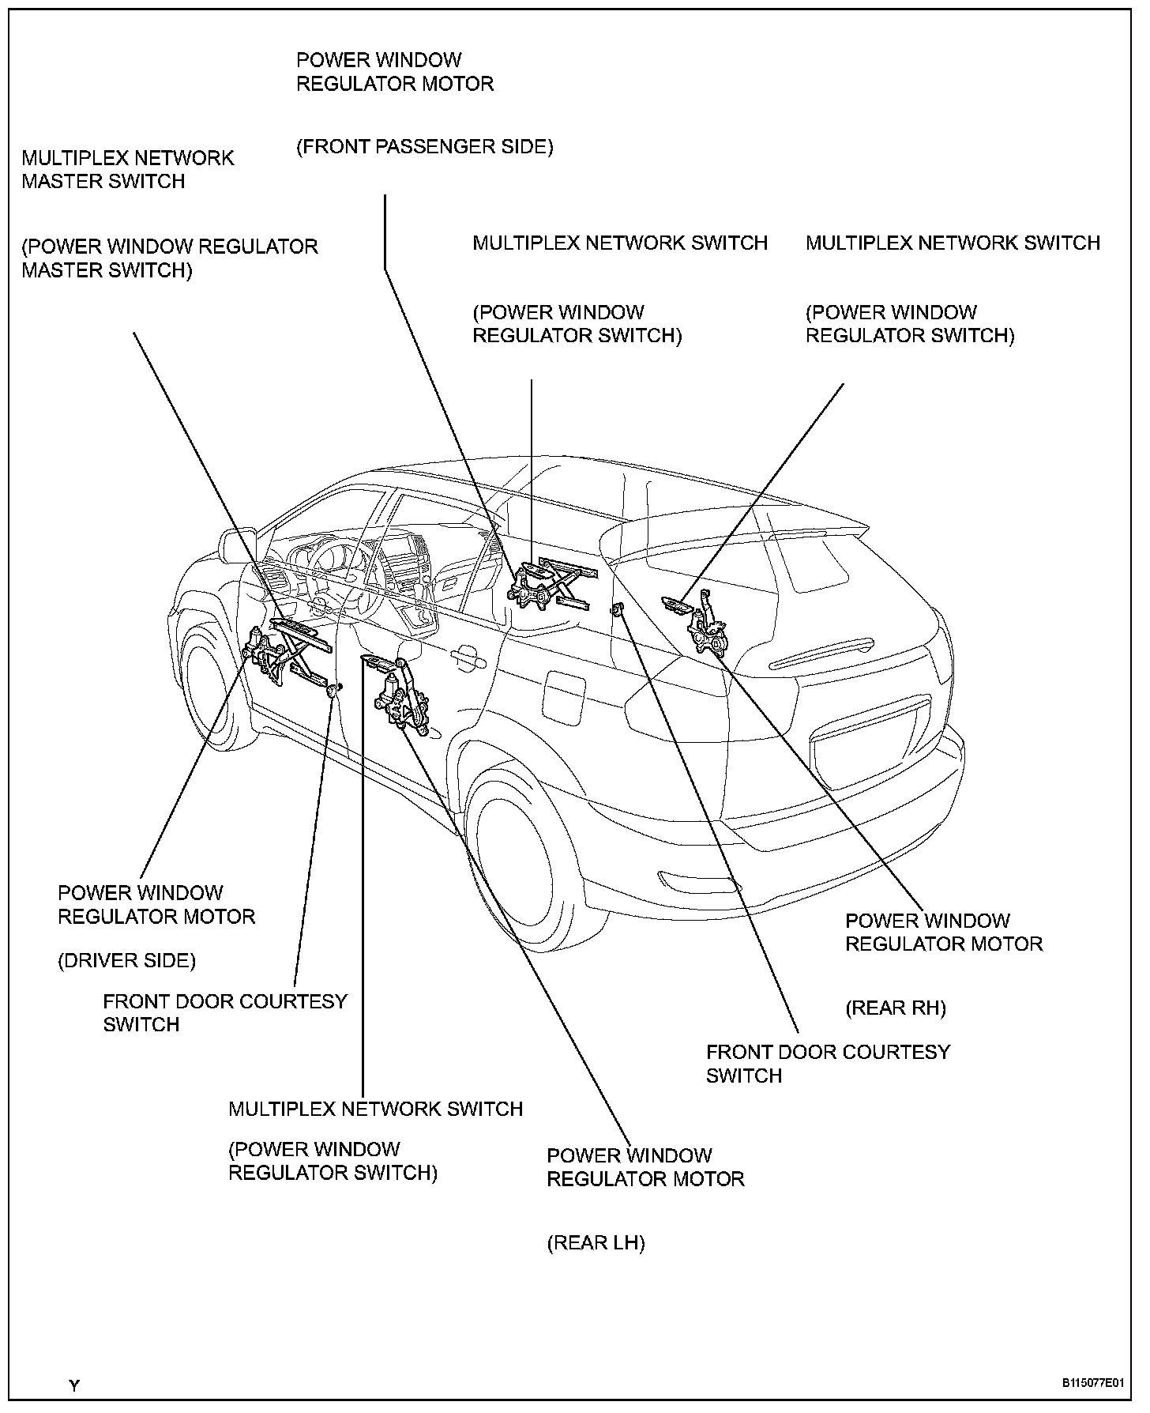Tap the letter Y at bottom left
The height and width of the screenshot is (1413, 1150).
[73, 1385]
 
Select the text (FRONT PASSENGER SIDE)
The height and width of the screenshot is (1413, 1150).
[425, 147]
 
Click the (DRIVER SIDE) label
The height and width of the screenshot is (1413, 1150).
[126, 960]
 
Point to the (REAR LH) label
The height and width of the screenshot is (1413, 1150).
[596, 1243]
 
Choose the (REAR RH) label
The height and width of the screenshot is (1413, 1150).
[895, 1008]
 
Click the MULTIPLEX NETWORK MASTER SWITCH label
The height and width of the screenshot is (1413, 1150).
[128, 169]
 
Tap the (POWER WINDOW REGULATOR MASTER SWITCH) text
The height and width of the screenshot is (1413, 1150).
[169, 258]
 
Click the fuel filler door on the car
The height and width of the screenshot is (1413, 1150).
[564, 695]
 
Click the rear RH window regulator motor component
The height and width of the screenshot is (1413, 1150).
[708, 632]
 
